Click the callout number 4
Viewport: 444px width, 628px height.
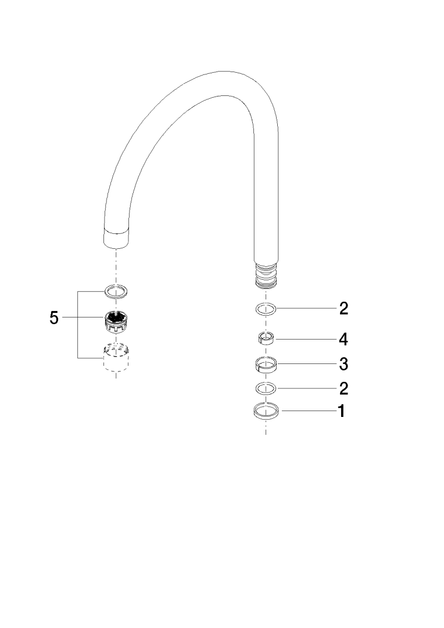pyautogui.click(x=343, y=340)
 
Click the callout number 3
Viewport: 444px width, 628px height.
pyautogui.click(x=343, y=364)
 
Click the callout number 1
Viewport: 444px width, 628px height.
pyautogui.click(x=341, y=411)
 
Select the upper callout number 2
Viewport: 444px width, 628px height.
pyautogui.click(x=343, y=308)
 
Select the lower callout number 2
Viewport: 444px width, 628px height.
pyautogui.click(x=343, y=388)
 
